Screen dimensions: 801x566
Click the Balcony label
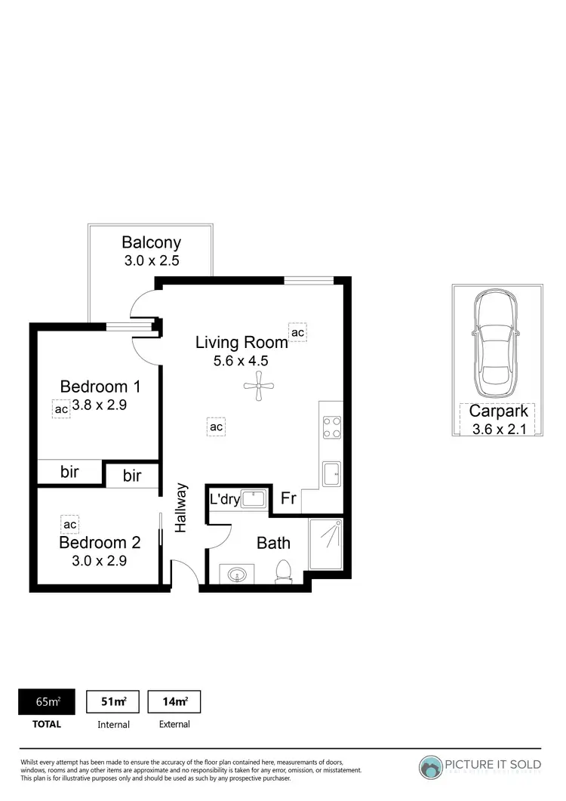tap(152, 242)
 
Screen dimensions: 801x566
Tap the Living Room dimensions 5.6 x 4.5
tap(241, 360)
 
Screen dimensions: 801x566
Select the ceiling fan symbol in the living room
tap(257, 386)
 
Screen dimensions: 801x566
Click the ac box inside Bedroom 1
tap(61, 408)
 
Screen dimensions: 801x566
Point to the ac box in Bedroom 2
tap(70, 524)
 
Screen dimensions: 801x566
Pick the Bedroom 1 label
tap(100, 387)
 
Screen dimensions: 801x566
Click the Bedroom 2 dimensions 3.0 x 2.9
tap(99, 561)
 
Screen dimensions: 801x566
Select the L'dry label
tap(225, 499)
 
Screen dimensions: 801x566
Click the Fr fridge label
tap(288, 498)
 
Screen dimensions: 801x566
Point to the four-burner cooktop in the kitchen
tap(331, 427)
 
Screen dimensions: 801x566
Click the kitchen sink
tap(331, 473)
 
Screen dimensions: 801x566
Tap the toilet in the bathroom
tap(284, 571)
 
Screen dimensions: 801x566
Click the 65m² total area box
tap(48, 701)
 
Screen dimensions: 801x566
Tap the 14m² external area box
tap(174, 701)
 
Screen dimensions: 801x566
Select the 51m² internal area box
tap(113, 701)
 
